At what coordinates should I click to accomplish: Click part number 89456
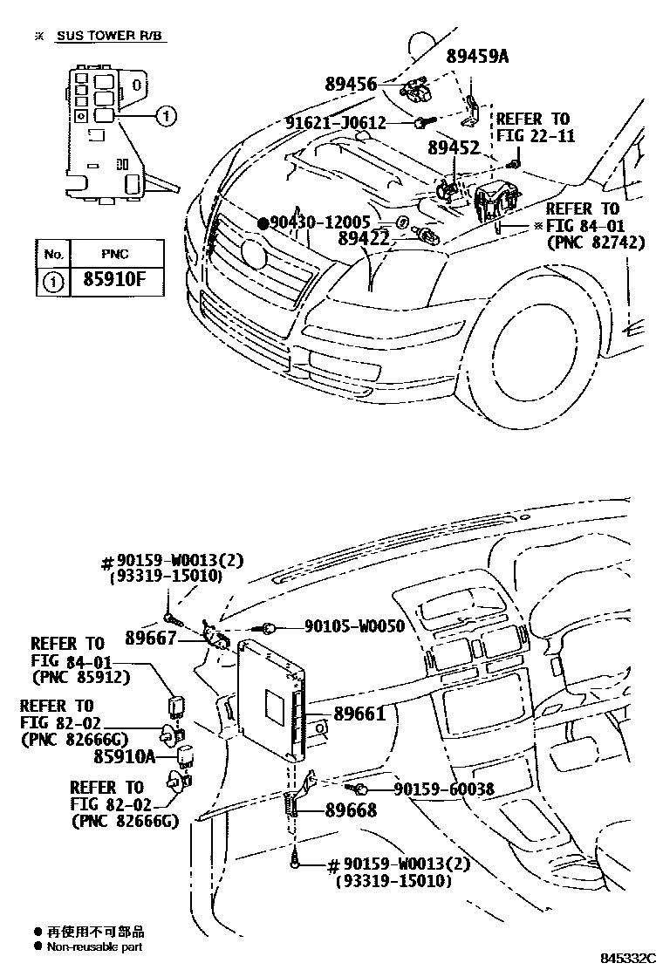click(351, 85)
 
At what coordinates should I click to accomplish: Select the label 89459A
click(476, 57)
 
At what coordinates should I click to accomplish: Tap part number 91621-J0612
click(335, 123)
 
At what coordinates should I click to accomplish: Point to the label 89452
click(453, 148)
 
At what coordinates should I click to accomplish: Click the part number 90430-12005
click(320, 222)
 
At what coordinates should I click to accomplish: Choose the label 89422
click(364, 237)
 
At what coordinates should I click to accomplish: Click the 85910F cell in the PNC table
click(114, 283)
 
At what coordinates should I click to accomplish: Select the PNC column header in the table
click(114, 254)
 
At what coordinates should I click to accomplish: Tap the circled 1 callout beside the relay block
click(167, 115)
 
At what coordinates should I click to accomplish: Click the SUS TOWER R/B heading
click(110, 36)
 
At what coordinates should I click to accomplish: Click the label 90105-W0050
click(354, 626)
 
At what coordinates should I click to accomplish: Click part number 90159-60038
click(443, 789)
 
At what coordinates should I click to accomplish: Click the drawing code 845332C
click(625, 957)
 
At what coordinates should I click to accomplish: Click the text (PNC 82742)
click(595, 242)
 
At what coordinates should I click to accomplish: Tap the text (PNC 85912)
click(80, 675)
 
